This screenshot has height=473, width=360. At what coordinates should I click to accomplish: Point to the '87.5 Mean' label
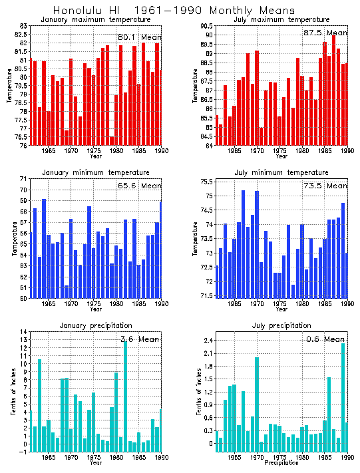point(325,33)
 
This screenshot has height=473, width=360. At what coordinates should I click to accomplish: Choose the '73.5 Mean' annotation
point(325,186)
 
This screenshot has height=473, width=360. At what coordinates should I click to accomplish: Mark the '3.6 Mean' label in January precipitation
point(140,339)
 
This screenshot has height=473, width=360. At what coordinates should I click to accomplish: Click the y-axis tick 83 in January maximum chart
point(23,25)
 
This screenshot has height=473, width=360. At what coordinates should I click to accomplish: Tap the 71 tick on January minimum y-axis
point(23,179)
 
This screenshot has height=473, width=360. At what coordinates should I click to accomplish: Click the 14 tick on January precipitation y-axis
point(23,331)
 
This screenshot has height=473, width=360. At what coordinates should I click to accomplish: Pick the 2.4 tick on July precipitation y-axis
point(206,341)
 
